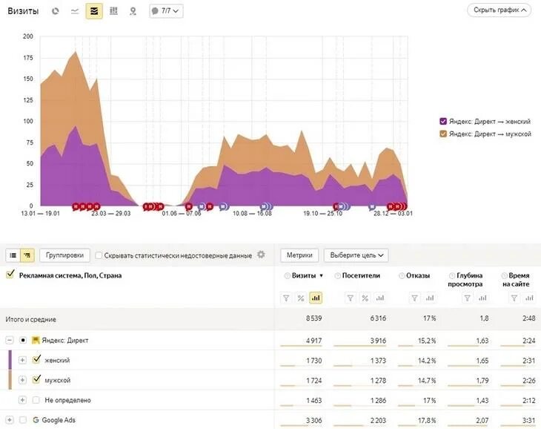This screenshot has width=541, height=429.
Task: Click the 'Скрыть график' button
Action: coord(499,10)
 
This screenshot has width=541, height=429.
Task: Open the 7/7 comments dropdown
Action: coord(165,11)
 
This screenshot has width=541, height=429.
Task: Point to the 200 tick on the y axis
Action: coord(28,36)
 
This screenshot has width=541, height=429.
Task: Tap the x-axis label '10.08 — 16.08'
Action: coord(252,214)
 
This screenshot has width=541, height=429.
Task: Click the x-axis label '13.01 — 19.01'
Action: coord(42,214)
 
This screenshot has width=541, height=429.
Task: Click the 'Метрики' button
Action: coord(299,255)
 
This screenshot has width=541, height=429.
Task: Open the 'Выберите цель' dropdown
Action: coord(356,255)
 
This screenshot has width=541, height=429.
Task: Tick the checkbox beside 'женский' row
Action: coord(36,360)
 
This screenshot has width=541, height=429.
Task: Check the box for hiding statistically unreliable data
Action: coord(99,255)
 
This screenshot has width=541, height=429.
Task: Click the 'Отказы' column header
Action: coord(417,276)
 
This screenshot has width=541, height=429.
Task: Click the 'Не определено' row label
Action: coord(67,400)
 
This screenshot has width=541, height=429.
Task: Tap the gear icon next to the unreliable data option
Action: coord(261,255)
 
